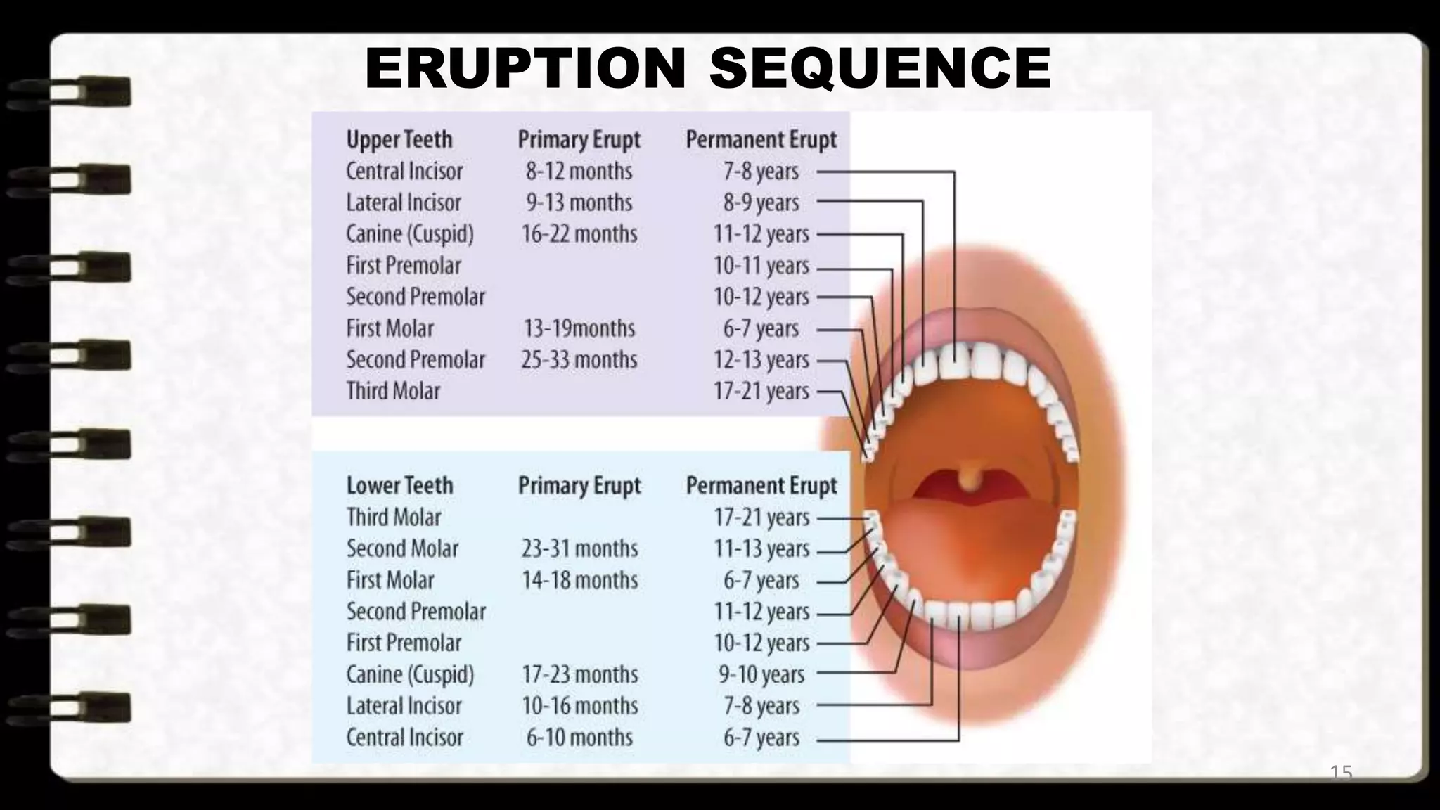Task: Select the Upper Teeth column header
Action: [x=399, y=139]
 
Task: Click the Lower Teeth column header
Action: [x=399, y=485]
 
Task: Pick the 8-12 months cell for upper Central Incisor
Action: [x=579, y=171]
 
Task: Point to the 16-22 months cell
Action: [x=579, y=233]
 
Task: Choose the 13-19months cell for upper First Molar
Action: [x=579, y=328]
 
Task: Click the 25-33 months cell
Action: [x=579, y=359]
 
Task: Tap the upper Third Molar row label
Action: [x=393, y=390]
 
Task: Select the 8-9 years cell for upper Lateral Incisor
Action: [x=761, y=202]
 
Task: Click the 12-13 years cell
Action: [x=761, y=359]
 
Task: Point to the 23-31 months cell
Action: [x=580, y=548]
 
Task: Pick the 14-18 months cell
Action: [x=580, y=580]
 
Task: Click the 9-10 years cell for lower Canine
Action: [x=761, y=674]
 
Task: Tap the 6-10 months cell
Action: [x=580, y=737]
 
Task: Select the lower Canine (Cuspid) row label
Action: [x=410, y=674]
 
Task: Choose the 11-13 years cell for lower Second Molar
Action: [x=762, y=548]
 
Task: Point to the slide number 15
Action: [x=1341, y=773]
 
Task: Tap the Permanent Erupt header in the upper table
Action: [x=761, y=139]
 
